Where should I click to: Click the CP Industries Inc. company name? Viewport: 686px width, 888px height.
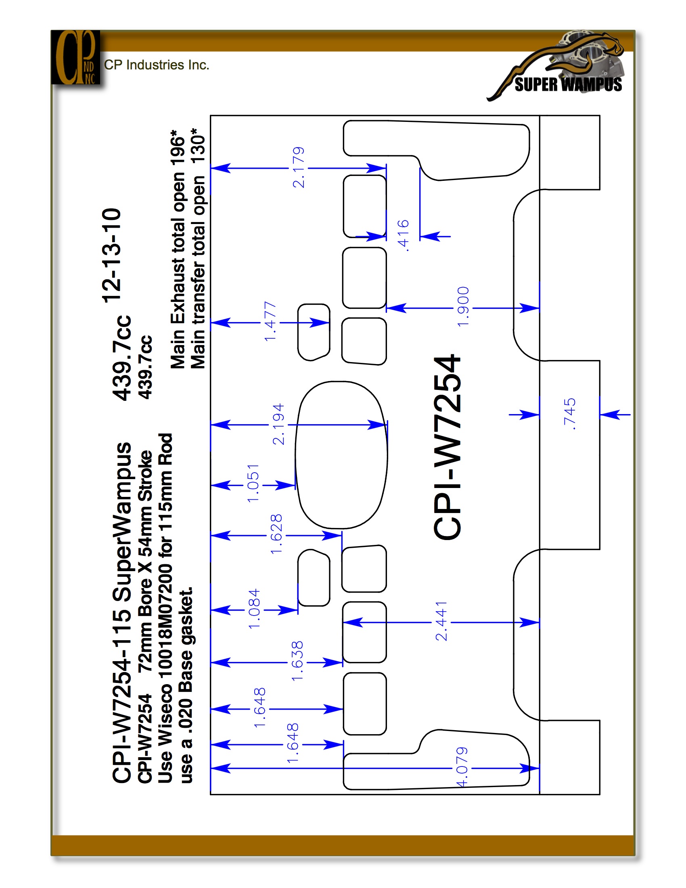[157, 65]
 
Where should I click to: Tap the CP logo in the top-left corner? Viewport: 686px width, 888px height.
[75, 57]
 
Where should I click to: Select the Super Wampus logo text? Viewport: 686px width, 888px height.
[568, 85]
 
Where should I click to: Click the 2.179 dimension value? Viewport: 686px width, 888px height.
[299, 168]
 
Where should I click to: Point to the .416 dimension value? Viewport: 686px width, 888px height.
[403, 235]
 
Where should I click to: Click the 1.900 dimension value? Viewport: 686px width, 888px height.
[463, 307]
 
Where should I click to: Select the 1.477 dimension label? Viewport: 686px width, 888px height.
[270, 322]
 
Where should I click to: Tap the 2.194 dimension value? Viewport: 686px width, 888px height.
[278, 424]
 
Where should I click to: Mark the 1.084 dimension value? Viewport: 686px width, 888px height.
[254, 609]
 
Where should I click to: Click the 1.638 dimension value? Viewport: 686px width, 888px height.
[297, 661]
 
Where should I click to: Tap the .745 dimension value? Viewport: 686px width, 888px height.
[569, 414]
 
